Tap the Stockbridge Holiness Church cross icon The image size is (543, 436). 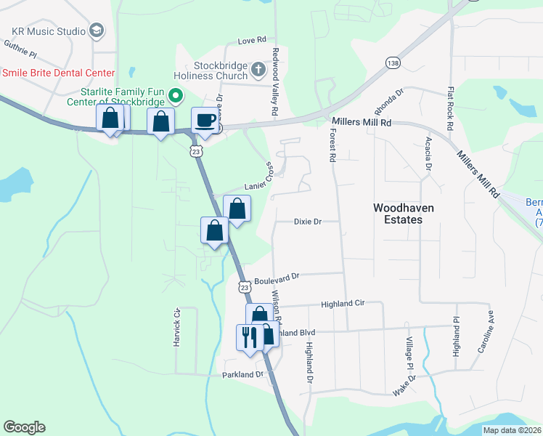pyautogui.click(x=258, y=70)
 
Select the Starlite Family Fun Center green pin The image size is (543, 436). pyautogui.click(x=175, y=95)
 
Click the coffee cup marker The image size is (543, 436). pyautogui.click(x=204, y=119)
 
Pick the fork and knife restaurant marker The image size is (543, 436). pyautogui.click(x=248, y=336)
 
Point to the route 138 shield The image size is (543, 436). pyautogui.click(x=393, y=62)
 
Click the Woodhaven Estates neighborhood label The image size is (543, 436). pyautogui.click(x=403, y=214)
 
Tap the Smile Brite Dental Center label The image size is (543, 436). pyautogui.click(x=58, y=73)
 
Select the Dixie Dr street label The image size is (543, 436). pyautogui.click(x=307, y=222)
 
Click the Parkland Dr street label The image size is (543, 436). pyautogui.click(x=243, y=374)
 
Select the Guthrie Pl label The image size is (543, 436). pyautogui.click(x=20, y=49)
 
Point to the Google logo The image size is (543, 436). pyautogui.click(x=24, y=427)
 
